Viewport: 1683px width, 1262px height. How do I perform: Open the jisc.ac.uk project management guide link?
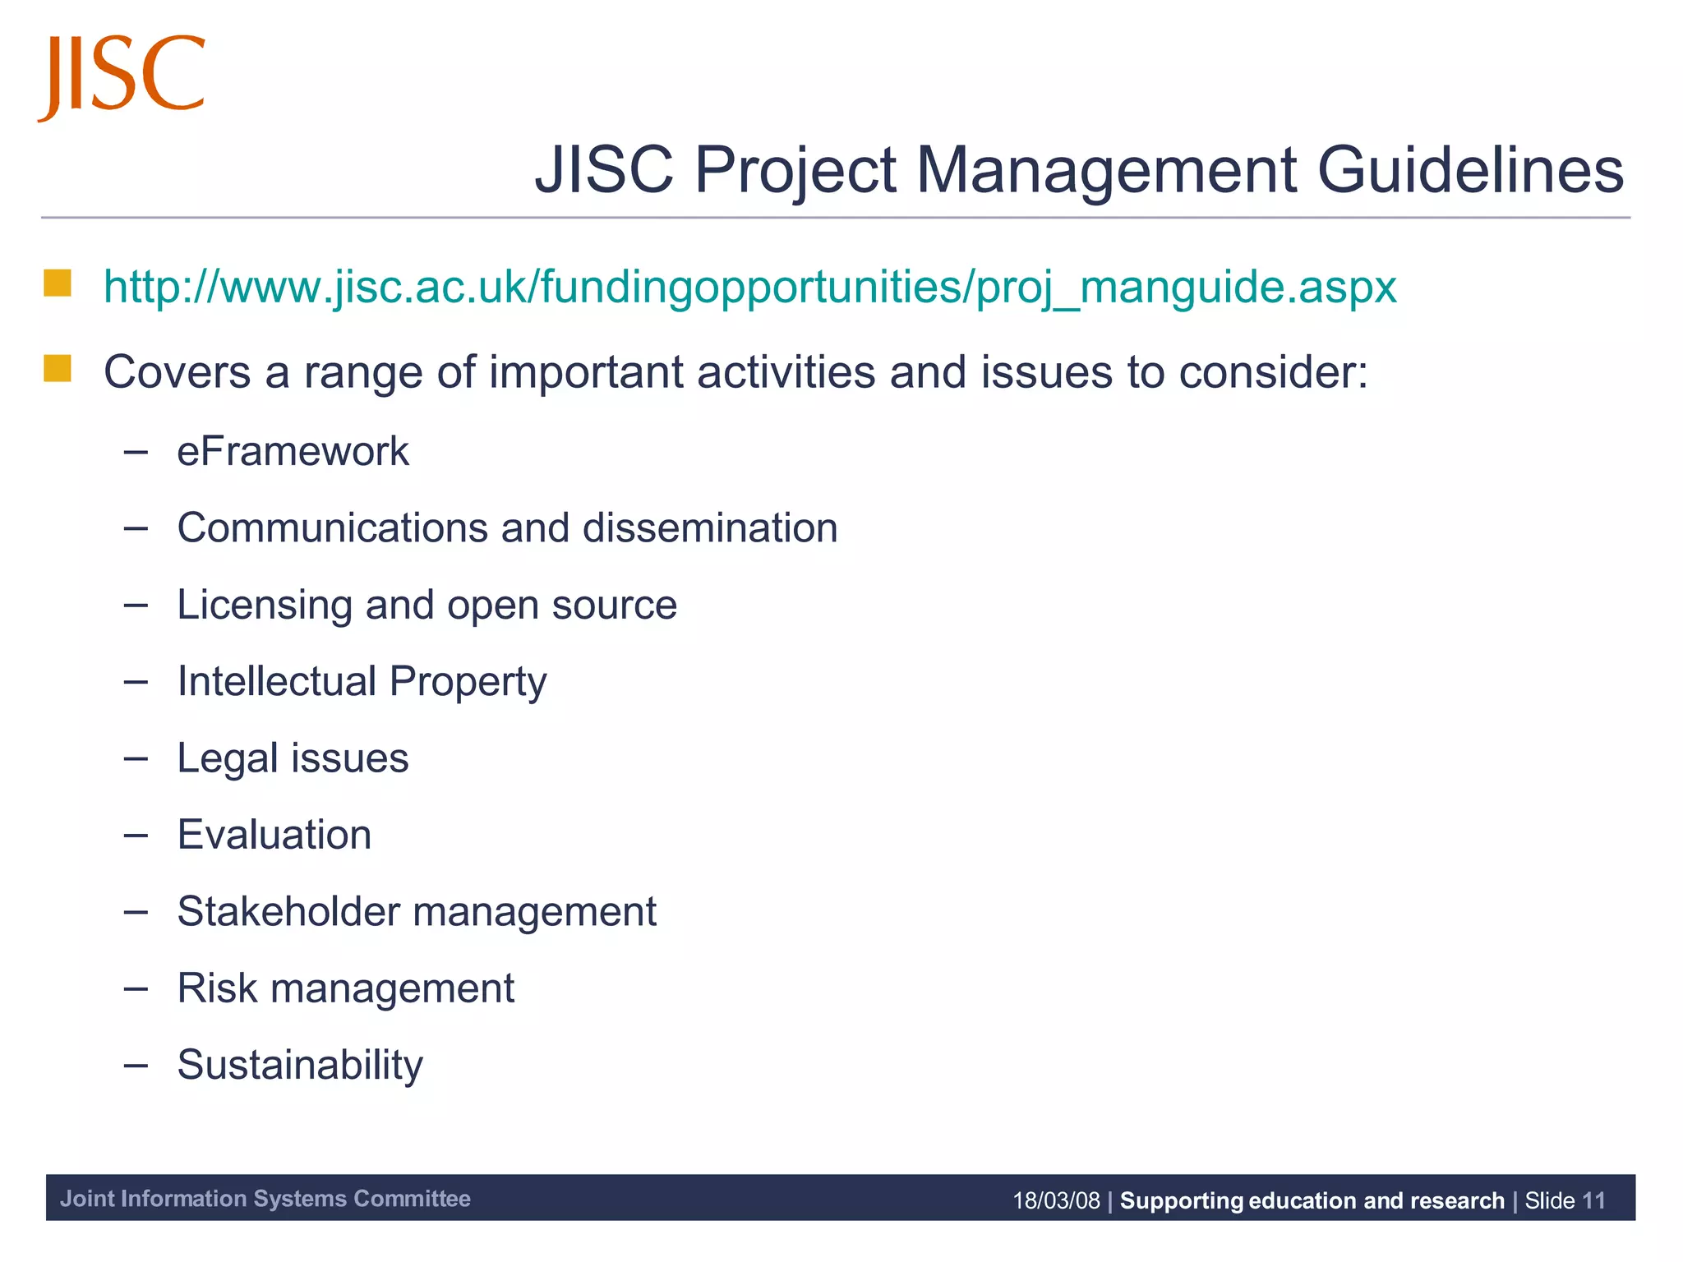(749, 288)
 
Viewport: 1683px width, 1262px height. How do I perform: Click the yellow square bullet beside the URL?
(58, 283)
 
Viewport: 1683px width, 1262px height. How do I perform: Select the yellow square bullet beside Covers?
(58, 369)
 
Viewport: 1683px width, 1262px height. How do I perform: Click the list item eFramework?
(293, 451)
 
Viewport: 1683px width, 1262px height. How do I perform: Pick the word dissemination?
(710, 527)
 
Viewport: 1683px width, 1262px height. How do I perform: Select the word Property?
(468, 682)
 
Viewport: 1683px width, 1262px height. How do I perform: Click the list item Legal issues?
(293, 758)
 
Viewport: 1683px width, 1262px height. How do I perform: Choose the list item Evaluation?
(274, 835)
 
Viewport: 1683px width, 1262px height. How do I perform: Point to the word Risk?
(217, 988)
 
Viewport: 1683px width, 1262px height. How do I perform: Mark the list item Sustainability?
(300, 1066)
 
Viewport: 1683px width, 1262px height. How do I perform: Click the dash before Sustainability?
(136, 1066)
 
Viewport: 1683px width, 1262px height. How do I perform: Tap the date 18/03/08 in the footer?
(1056, 1200)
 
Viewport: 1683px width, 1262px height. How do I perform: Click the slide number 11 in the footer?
(1593, 1200)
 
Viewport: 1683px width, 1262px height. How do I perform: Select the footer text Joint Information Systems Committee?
(265, 1199)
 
